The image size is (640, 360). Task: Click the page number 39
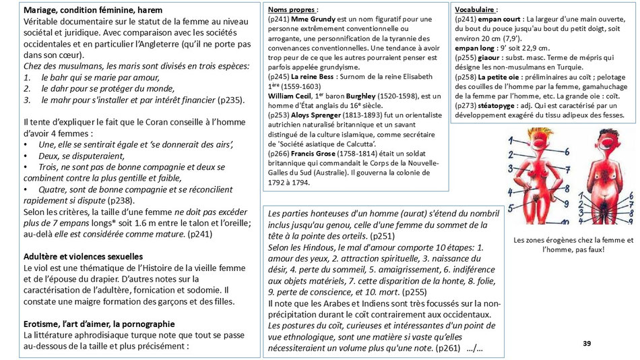[586, 344]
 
